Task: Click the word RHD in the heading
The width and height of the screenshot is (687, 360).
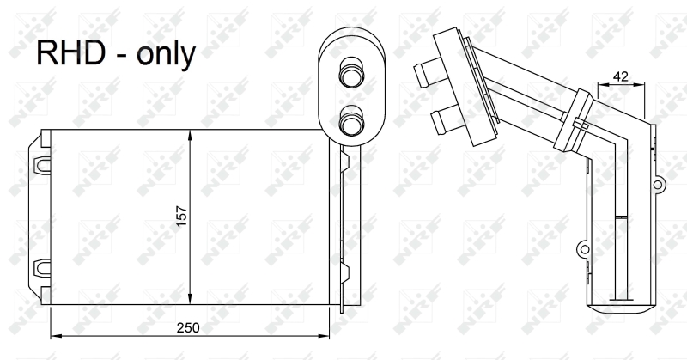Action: pos(70,52)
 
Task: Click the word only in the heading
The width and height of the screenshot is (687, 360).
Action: pos(166,54)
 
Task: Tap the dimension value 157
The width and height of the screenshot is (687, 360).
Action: pos(182,217)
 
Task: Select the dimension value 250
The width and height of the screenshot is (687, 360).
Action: pos(188,327)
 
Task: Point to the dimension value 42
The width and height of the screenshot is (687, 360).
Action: pos(620,76)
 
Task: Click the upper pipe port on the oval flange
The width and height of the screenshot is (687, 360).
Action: pos(351,75)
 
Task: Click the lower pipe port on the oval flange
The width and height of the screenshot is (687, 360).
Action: pos(351,121)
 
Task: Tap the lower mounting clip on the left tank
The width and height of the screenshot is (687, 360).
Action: pos(41,268)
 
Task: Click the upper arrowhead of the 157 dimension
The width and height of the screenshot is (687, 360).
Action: pos(190,135)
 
